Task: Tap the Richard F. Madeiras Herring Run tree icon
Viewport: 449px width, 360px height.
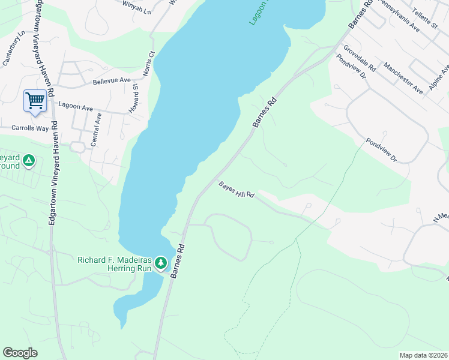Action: click(x=160, y=263)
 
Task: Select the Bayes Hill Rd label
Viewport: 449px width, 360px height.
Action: click(x=237, y=190)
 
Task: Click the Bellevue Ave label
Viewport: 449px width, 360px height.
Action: click(x=112, y=80)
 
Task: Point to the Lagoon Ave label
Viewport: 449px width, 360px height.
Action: click(x=75, y=107)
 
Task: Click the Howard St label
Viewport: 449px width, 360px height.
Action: click(x=134, y=99)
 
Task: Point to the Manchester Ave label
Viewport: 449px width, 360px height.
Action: click(x=403, y=77)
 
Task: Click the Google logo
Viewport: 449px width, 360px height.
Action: click(x=20, y=353)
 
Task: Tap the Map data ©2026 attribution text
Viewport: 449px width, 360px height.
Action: click(x=423, y=355)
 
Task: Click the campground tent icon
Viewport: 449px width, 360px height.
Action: click(x=28, y=160)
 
